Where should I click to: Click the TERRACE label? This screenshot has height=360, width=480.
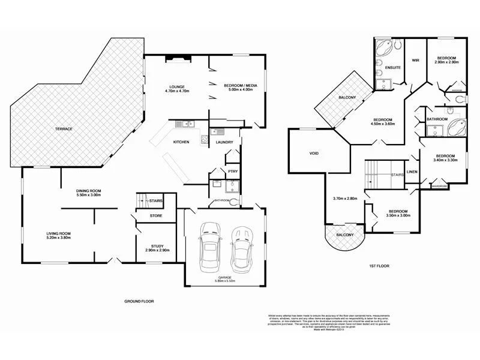pos(64,129)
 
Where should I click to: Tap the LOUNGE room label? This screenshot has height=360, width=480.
pos(176,86)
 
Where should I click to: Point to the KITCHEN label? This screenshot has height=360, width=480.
pos(182,142)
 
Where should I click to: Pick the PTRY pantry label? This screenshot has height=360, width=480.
pos(232,172)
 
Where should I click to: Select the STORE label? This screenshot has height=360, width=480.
pos(156,215)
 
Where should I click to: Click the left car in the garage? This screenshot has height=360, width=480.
pos(211,247)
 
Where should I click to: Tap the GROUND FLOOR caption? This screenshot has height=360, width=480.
pos(139,301)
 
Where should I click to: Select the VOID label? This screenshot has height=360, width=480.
pos(313,153)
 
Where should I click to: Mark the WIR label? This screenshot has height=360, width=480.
pos(415,60)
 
